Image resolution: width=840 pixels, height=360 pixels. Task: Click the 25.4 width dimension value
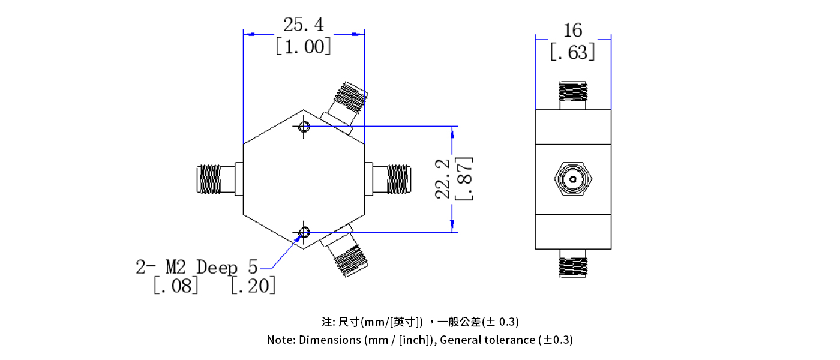tap(303, 25)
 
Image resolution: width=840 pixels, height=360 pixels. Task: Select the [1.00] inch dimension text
tap(303, 46)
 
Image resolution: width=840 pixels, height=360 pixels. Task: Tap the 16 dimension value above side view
tap(573, 30)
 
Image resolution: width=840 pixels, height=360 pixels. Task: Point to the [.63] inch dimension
tap(573, 53)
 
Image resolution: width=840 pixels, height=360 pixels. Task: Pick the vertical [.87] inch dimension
tap(464, 179)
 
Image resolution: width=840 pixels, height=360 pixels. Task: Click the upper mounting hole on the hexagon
tap(304, 127)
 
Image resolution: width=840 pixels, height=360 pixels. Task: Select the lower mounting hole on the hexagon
tap(304, 232)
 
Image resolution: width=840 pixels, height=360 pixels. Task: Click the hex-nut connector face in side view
tap(573, 179)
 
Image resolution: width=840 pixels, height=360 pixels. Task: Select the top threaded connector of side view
tap(573, 92)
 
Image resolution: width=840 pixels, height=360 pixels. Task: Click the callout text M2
tap(178, 266)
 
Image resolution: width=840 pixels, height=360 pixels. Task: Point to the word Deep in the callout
tap(217, 267)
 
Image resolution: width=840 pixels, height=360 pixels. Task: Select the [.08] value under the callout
tap(175, 286)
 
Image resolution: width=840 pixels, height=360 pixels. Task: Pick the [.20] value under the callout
tap(253, 286)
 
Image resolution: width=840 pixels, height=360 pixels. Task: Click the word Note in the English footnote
tap(280, 340)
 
